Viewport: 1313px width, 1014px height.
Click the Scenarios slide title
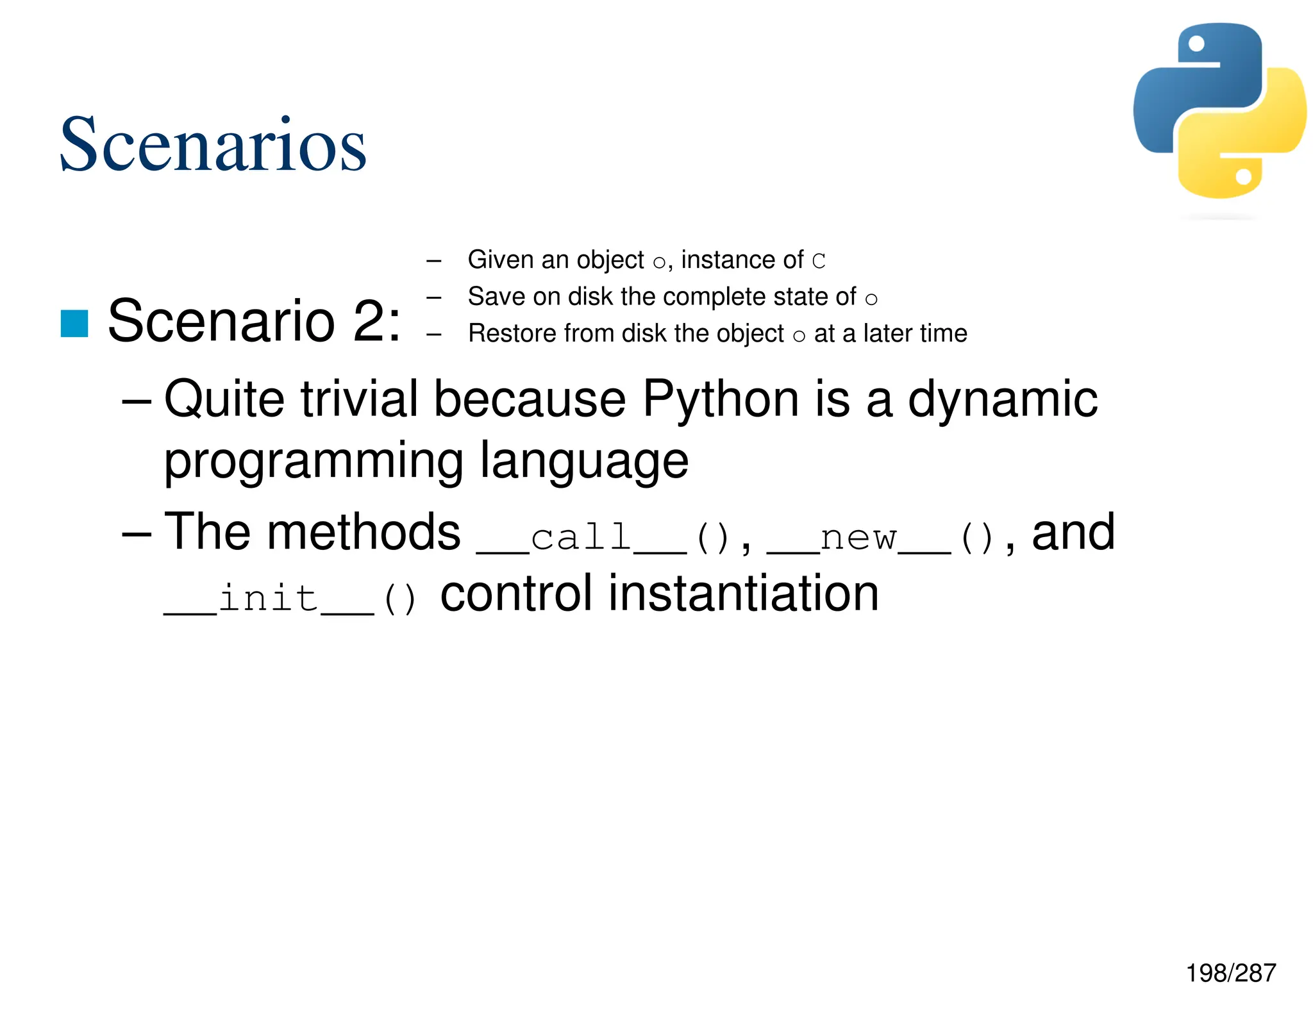click(x=212, y=145)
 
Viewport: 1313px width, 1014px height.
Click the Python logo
click(x=1219, y=111)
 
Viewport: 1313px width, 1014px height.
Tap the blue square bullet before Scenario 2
click(x=74, y=323)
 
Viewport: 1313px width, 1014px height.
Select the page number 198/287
click(x=1230, y=973)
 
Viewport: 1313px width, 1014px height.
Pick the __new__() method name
click(x=880, y=536)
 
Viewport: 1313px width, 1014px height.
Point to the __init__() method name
click(x=290, y=599)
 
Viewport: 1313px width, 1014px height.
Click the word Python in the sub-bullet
click(x=721, y=399)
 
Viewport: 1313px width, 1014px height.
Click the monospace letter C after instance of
click(x=819, y=261)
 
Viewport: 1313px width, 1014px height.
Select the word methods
click(x=364, y=531)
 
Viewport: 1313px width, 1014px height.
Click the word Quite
click(x=224, y=399)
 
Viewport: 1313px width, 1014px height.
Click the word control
click(x=515, y=594)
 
